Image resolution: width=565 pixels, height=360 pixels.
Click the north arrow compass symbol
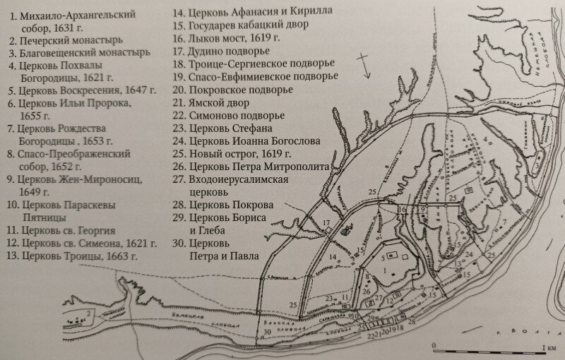tap(362, 65)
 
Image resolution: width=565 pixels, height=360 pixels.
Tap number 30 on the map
tap(266, 332)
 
